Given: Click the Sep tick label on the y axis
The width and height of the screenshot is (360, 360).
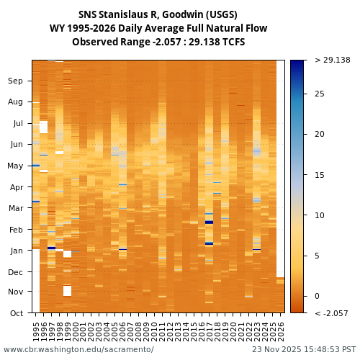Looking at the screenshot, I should [x=16, y=81].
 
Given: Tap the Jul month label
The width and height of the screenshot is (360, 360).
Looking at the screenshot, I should [x=17, y=123].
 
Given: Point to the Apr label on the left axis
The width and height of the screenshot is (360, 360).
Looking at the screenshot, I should [x=16, y=187].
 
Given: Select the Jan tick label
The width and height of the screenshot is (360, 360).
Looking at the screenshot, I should [x=16, y=251].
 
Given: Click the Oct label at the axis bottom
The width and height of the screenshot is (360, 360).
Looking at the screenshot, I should [x=16, y=313].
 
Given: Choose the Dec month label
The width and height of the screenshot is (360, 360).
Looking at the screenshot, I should [x=16, y=272].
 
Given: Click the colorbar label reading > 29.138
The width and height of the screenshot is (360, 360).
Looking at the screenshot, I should [x=332, y=60].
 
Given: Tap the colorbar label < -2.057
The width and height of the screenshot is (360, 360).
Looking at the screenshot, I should [x=331, y=314].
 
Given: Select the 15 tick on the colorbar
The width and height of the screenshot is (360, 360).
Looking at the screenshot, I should [x=319, y=175].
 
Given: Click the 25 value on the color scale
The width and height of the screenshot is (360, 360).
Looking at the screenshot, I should [x=319, y=94].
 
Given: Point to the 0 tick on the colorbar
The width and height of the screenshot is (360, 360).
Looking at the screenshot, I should [x=317, y=296].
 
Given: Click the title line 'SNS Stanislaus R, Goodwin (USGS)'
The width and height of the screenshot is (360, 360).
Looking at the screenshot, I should [x=158, y=15].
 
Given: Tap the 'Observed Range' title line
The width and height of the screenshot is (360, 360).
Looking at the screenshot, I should [x=158, y=42].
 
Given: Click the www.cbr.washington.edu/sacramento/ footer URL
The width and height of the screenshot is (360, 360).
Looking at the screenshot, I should [x=78, y=350].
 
